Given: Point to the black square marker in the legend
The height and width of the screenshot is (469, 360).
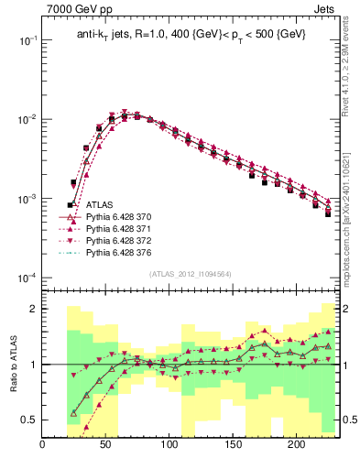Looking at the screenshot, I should [x=71, y=206].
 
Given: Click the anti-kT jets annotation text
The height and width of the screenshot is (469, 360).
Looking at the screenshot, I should [x=191, y=34].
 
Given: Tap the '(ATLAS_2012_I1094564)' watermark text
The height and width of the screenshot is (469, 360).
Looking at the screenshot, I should [x=191, y=273].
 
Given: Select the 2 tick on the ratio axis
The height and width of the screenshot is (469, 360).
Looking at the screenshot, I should [x=32, y=309].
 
